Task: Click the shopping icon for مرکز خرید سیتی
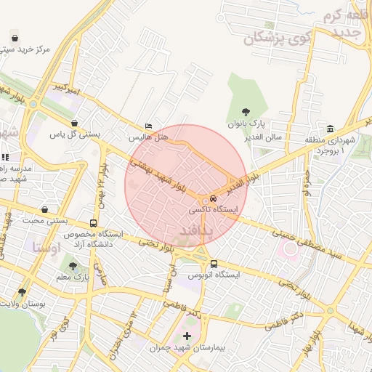tap(15, 37)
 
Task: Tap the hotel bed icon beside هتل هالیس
tap(149, 126)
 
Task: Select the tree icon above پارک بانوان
tap(247, 113)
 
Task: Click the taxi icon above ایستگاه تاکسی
tap(213, 198)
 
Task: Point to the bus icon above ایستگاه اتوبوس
tap(214, 264)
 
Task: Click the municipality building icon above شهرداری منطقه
tap(331, 129)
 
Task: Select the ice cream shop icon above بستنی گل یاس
tap(75, 124)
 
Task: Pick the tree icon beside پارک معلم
tap(71, 266)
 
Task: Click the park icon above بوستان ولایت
tap(22, 292)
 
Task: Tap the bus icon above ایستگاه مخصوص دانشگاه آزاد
tap(93, 224)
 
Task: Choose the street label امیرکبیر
tap(65, 88)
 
